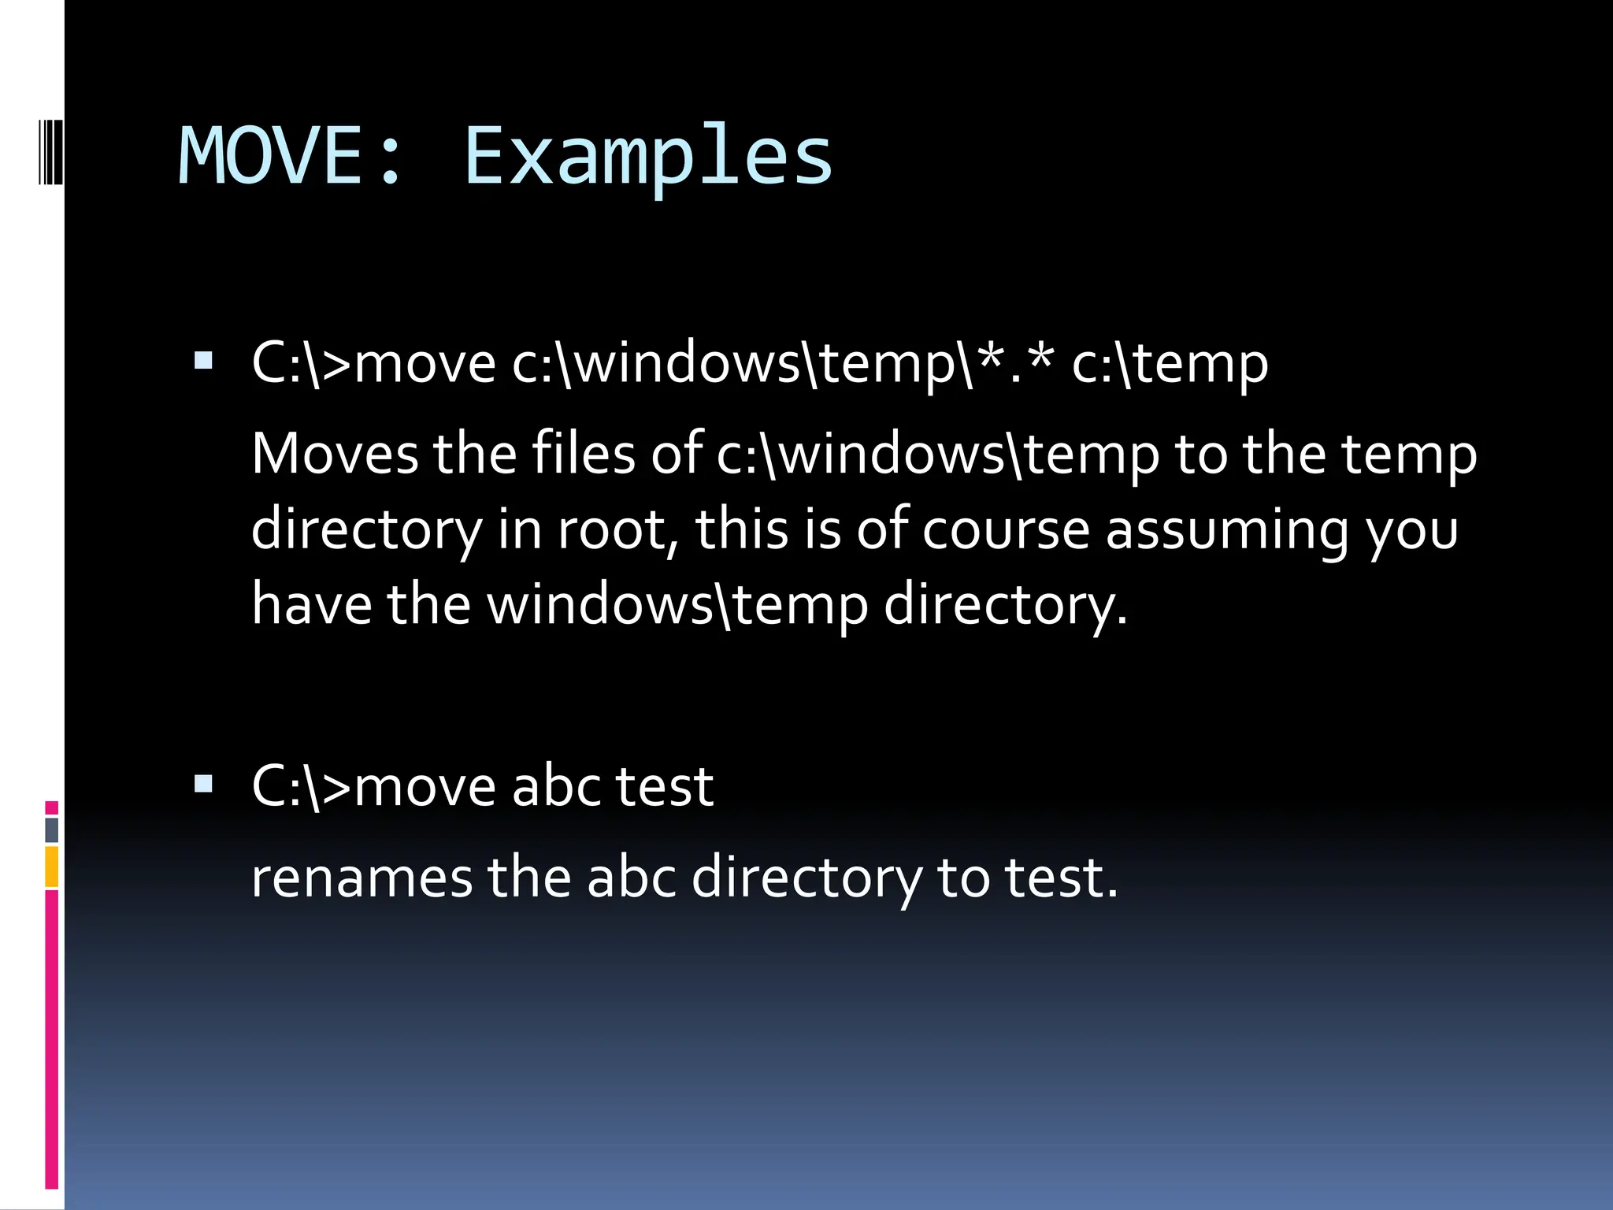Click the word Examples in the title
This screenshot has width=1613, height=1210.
(x=647, y=158)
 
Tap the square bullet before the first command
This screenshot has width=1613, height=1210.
(x=203, y=361)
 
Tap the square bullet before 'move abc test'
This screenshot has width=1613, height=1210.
(x=203, y=783)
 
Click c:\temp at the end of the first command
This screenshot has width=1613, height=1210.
(x=1170, y=364)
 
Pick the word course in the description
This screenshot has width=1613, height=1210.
(x=1006, y=529)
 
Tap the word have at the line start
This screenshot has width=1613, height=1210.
(x=311, y=604)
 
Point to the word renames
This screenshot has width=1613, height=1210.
(x=362, y=878)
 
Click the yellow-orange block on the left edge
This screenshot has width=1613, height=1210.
(x=51, y=867)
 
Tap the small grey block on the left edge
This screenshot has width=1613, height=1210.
(x=51, y=830)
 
